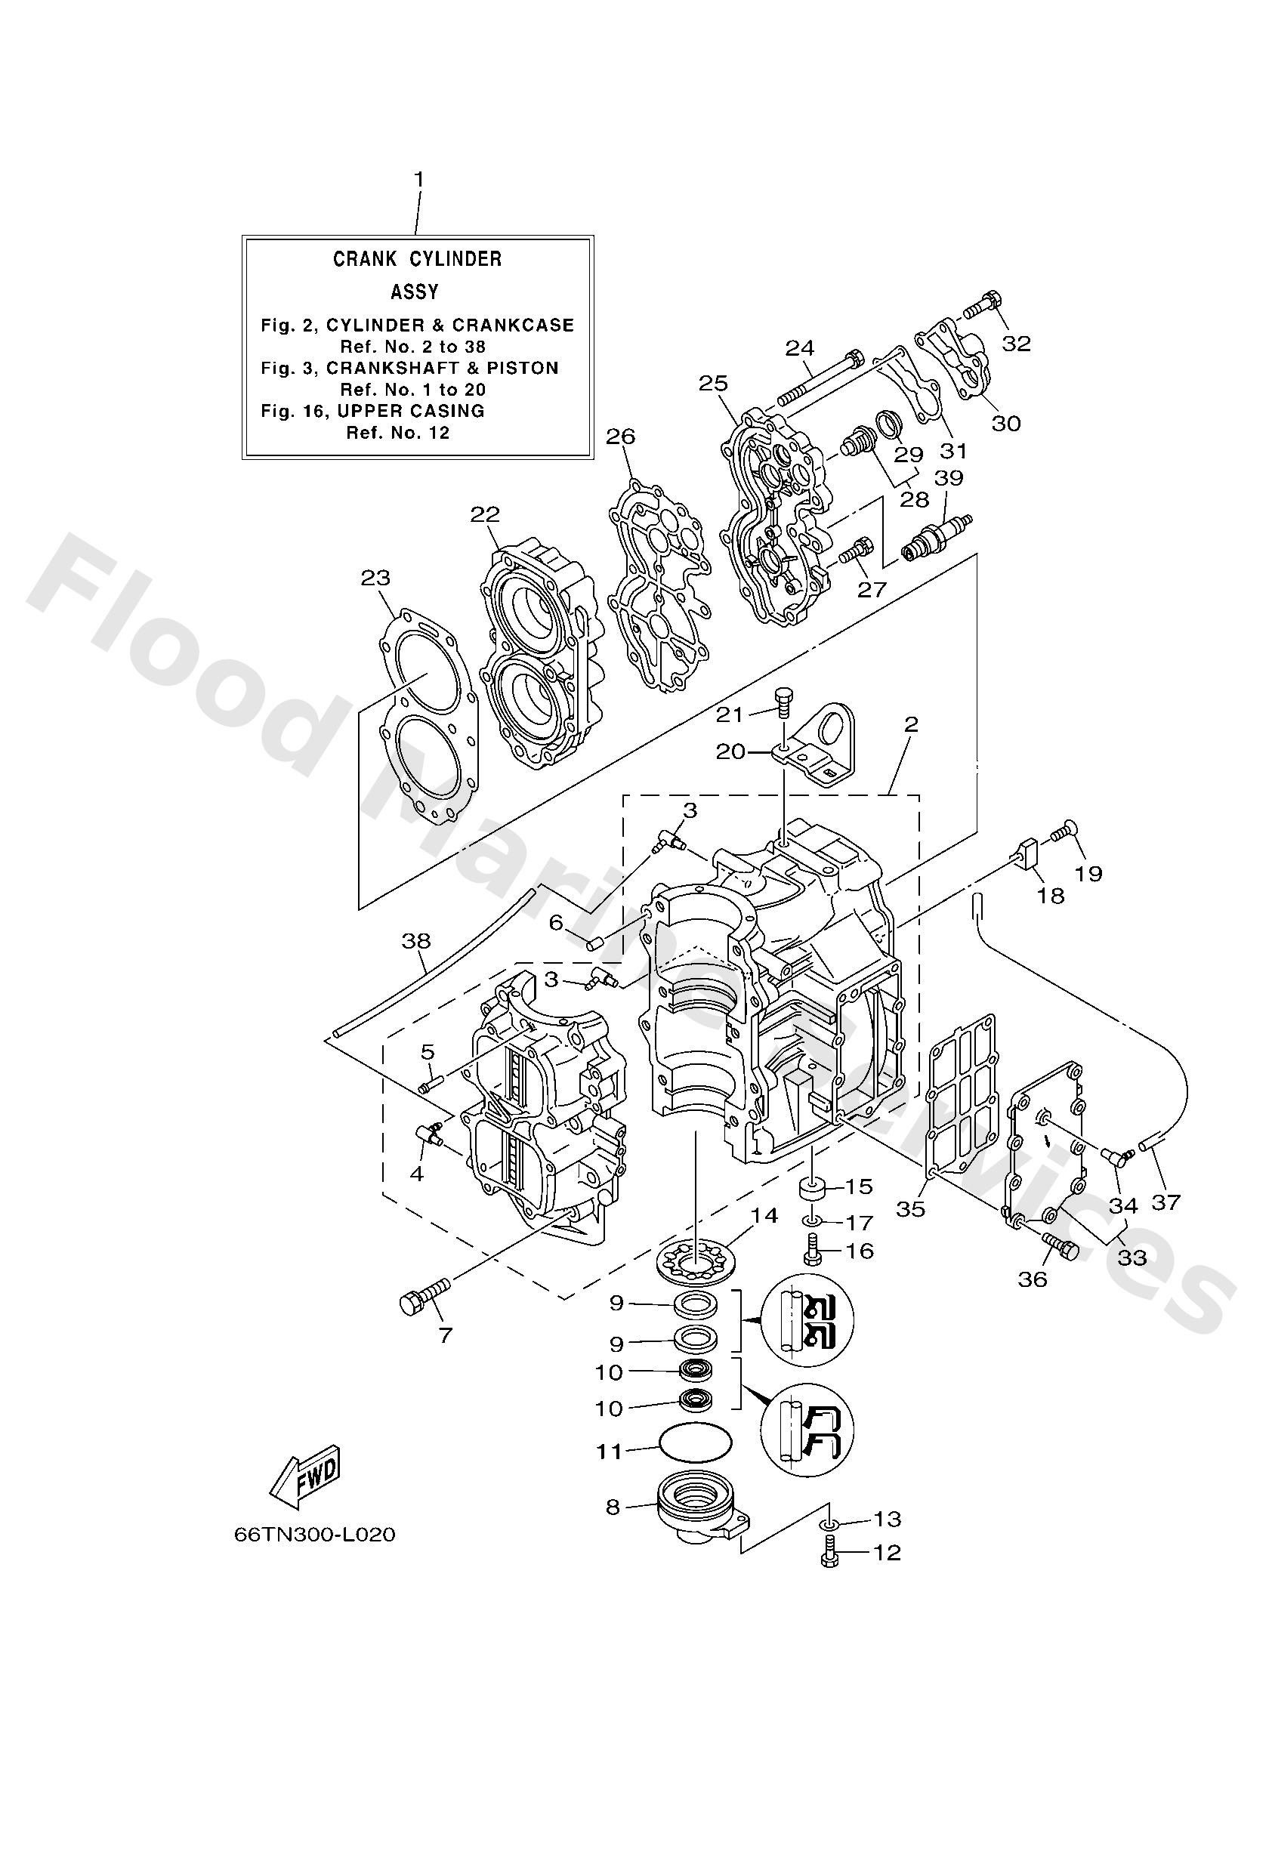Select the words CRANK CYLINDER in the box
pyautogui.click(x=417, y=259)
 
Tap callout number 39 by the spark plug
pyautogui.click(x=949, y=478)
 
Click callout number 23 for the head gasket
pyautogui.click(x=375, y=577)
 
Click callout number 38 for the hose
pyautogui.click(x=416, y=940)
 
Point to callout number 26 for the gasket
pyautogui.click(x=621, y=436)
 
